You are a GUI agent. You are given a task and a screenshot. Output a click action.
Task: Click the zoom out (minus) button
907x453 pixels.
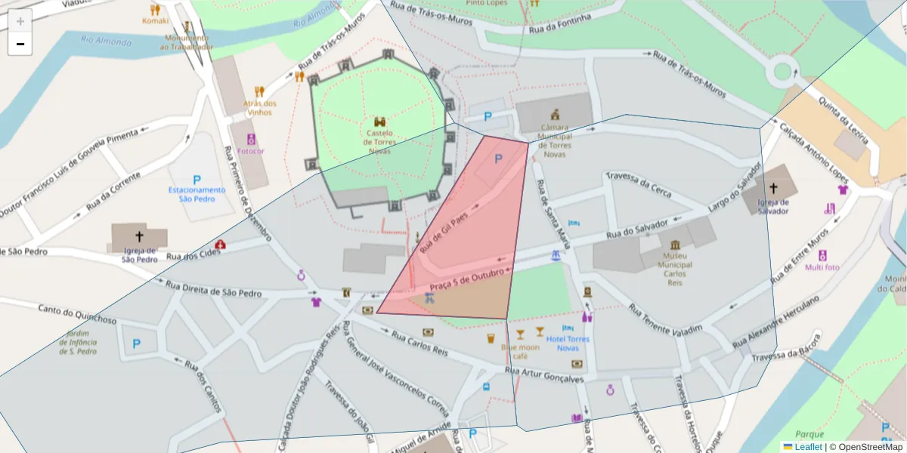20,44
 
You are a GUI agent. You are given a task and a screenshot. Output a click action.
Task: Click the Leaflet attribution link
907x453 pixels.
807,447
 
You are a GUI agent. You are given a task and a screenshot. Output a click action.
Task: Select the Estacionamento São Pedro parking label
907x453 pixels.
197,194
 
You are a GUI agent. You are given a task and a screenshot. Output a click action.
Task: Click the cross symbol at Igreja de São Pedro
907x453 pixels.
139,236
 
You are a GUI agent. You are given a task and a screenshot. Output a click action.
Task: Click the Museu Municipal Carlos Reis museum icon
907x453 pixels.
674,244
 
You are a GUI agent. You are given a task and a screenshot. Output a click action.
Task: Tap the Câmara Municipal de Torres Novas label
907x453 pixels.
555,141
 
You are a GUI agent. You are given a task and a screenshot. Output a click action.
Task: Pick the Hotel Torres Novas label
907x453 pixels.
568,343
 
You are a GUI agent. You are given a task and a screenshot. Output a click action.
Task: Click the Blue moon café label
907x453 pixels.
520,351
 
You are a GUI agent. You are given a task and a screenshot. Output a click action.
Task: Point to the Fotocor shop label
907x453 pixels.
251,150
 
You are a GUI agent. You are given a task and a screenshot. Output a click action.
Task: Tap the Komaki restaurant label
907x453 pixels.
156,20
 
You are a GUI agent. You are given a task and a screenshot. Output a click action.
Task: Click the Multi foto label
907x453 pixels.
822,267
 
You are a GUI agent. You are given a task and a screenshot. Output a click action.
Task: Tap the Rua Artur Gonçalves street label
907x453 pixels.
544,375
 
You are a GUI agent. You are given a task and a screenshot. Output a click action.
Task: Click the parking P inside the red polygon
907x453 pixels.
498,159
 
